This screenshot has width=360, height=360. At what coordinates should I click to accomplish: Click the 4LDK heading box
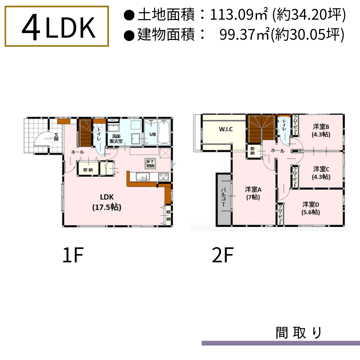coord(57,26)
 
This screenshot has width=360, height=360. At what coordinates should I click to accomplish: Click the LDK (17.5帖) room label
coord(107,202)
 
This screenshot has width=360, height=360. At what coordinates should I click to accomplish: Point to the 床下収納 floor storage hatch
coord(150,163)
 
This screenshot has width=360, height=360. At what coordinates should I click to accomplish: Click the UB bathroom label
coord(152,134)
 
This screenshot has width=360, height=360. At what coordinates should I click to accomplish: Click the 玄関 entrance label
coord(56,137)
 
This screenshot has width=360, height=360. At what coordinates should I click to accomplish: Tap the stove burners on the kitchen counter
coord(163,177)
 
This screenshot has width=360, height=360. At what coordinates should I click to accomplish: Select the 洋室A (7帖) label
coord(253,193)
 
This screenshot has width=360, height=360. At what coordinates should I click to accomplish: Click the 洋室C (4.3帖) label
coord(321,173)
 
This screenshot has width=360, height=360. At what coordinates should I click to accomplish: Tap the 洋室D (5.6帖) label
coord(311,208)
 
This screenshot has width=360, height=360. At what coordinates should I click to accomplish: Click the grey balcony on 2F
coord(224,200)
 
